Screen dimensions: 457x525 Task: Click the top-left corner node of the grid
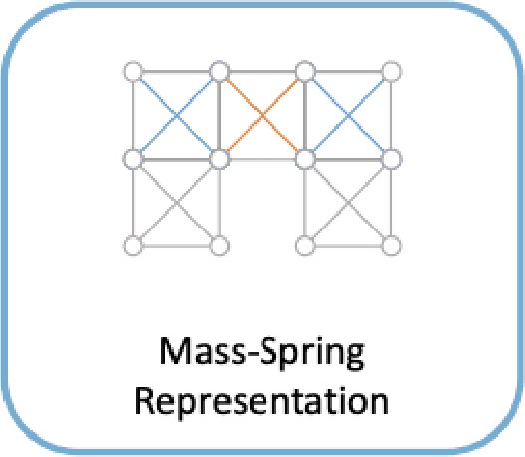coord(133,72)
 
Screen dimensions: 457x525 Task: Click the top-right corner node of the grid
coord(392,72)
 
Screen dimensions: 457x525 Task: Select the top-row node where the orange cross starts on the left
coord(220,72)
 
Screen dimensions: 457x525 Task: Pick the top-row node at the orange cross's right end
coord(306,72)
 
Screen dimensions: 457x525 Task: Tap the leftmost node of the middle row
coord(133,158)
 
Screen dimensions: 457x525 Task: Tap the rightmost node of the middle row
coord(392,158)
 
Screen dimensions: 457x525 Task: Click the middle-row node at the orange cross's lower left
coord(220,158)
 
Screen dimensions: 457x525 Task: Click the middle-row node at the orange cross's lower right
coord(306,158)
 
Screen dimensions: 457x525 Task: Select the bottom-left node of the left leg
coord(133,244)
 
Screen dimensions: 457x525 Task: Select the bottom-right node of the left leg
coord(220,244)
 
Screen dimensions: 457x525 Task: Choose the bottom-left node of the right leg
coord(306,244)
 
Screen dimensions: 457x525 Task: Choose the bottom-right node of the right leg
coord(392,244)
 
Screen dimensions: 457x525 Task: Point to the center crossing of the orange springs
coord(262,115)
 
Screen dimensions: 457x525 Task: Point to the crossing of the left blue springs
coord(177,115)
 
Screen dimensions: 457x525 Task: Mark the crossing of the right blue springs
coord(349,115)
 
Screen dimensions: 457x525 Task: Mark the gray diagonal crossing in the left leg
coord(177,202)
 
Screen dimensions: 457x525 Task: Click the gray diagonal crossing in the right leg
coord(349,202)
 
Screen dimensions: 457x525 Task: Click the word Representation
coord(262,403)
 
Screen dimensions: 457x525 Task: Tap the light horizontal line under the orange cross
coord(262,159)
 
